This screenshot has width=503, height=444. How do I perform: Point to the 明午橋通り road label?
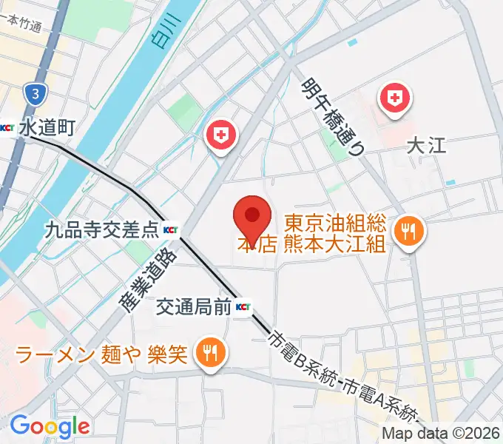click(334, 115)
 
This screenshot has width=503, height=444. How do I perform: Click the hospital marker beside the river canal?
click(220, 135)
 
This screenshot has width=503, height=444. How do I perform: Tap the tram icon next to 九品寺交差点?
click(171, 229)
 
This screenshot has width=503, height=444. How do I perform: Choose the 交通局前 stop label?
click(194, 306)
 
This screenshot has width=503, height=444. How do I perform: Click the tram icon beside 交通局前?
click(243, 306)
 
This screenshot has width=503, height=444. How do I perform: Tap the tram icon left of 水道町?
click(8, 128)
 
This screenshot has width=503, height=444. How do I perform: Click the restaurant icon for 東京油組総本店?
click(408, 232)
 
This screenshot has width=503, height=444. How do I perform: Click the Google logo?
click(50, 425)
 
